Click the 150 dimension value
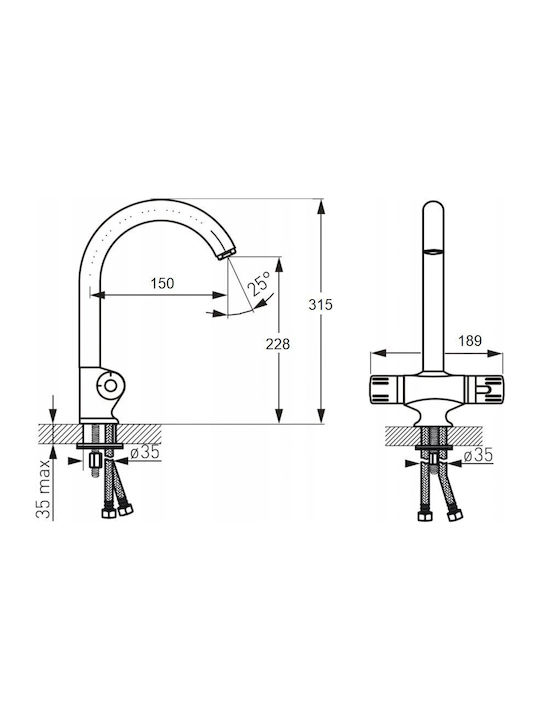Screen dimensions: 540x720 tap(163, 283)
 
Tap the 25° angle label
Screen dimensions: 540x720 tap(259, 283)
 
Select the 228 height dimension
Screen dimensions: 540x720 tap(278, 343)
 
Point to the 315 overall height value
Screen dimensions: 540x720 tap(320, 304)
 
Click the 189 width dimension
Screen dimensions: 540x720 tap(470, 341)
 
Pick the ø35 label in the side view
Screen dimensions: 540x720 tap(145, 452)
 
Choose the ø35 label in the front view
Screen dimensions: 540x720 tap(478, 455)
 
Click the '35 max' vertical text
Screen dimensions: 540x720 tap(43, 489)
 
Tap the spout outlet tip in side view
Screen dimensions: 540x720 tap(225, 253)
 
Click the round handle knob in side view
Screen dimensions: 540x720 tap(110, 385)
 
